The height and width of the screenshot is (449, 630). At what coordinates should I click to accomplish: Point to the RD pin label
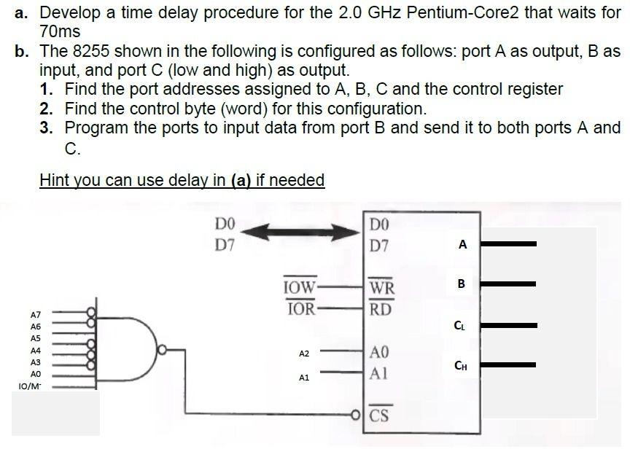click(381, 310)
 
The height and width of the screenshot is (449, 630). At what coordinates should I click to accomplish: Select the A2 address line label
click(305, 354)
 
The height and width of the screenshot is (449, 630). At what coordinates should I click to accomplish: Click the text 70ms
click(61, 32)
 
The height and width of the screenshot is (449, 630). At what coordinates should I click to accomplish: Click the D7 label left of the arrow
click(225, 244)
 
